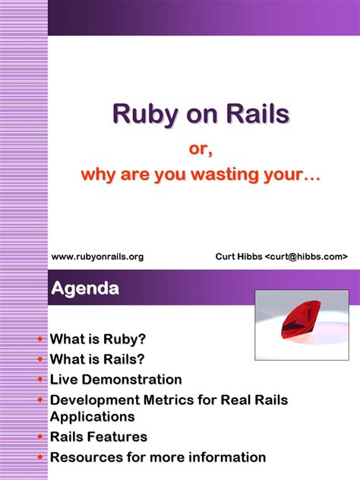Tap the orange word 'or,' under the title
[x=201, y=150]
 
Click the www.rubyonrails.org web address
[x=97, y=257]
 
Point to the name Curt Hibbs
[x=238, y=257]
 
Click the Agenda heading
[x=85, y=289]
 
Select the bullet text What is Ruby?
[x=97, y=339]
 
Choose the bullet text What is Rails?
[x=97, y=358]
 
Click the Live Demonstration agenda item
[x=115, y=379]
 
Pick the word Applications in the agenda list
[x=92, y=416]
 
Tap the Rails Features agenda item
[x=98, y=437]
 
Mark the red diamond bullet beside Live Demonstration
[x=40, y=379]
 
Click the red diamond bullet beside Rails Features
[x=40, y=437]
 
